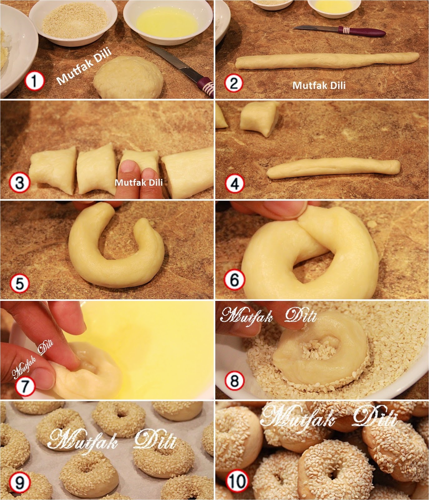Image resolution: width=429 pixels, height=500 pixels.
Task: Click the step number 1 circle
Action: pyautogui.click(x=34, y=81)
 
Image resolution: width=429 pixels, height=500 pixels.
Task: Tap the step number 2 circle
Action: pyautogui.click(x=234, y=83)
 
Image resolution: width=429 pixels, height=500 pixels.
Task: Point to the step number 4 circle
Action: pyautogui.click(x=235, y=183)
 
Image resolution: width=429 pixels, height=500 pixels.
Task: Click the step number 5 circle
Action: pyautogui.click(x=20, y=283)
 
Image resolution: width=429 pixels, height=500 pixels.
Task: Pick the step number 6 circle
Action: pyautogui.click(x=234, y=280)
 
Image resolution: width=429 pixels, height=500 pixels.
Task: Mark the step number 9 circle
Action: pyautogui.click(x=19, y=483)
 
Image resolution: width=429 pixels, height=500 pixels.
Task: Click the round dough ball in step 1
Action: pyautogui.click(x=128, y=77)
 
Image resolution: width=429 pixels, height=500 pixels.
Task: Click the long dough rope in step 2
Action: pyautogui.click(x=327, y=60)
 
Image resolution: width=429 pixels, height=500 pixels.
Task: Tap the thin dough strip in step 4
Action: pyautogui.click(x=333, y=168)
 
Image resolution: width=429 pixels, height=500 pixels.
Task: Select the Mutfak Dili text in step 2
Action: pyautogui.click(x=319, y=85)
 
